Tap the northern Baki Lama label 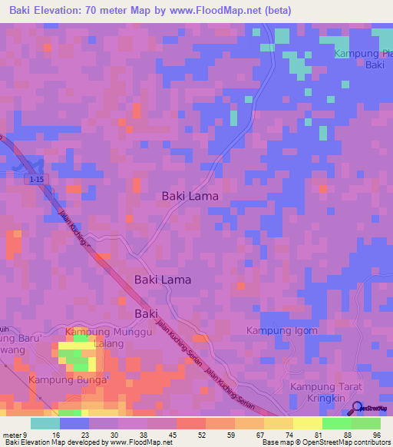click(190, 196)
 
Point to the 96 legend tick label click(376, 435)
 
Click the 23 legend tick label click(85, 435)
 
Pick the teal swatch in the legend click(45, 423)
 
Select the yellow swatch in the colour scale click(308, 423)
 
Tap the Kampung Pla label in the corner click(363, 54)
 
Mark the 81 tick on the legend click(318, 435)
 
